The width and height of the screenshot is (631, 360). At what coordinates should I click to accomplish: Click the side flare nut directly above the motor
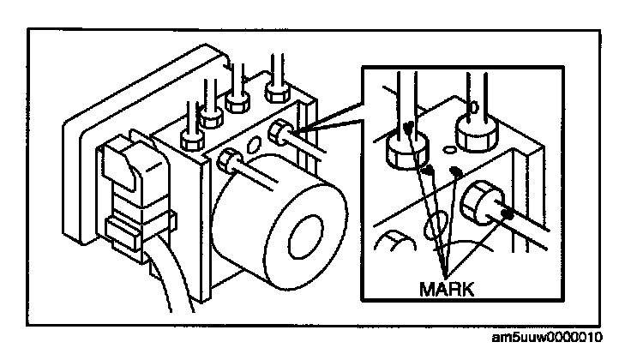pos(231,159)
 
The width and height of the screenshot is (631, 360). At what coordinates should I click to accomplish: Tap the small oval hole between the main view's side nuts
pos(255,142)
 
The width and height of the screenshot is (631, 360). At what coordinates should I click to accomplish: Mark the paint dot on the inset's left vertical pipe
pos(411,127)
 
